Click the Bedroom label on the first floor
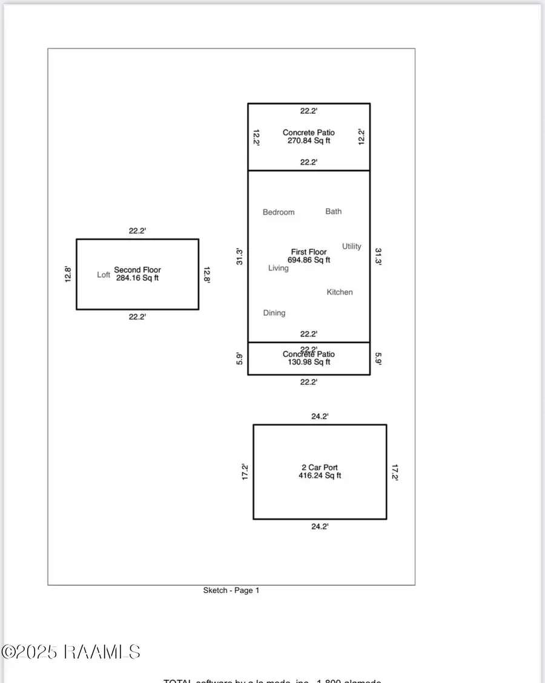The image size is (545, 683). pos(279,212)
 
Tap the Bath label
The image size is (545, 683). pos(334,211)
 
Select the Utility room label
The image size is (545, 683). pos(352,246)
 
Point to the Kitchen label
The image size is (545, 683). pos(340,292)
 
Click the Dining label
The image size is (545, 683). pos(274,313)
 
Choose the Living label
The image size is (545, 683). pos(279,268)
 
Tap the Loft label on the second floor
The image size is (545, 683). pos(104,275)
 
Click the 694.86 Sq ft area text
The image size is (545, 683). pos(309,260)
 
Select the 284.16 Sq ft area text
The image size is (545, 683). pos(137,278)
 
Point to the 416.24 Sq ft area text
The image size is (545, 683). pos(320,475)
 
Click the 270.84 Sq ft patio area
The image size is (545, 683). pos(309,140)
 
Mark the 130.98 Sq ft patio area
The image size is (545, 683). pos(309,362)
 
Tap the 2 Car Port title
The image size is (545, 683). pos(320,468)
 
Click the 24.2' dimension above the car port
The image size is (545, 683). pos(320,417)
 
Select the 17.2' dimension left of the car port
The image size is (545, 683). pos(245,471)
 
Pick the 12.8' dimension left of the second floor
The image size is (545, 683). pos(68,275)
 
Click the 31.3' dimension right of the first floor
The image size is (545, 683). pos(378,257)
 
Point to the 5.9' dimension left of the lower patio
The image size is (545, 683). pos(240,359)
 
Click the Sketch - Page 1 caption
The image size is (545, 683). pos(231,590)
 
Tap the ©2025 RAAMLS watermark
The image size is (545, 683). pos(71,652)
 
